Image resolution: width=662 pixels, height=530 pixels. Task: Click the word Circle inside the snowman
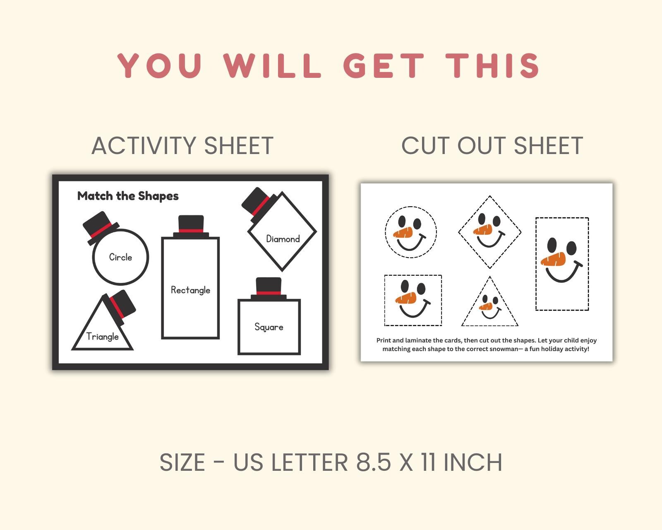point(120,257)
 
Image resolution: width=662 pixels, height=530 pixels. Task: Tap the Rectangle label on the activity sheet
point(190,290)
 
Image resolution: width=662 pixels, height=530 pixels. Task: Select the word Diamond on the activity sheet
point(283,239)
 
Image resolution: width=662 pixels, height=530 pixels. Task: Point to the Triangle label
point(102,336)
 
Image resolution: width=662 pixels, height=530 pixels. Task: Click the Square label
point(269,327)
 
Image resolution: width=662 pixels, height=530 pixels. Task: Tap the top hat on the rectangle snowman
point(191,226)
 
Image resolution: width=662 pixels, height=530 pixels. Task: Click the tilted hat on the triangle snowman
point(121,306)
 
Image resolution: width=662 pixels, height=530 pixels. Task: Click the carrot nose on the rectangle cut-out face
point(553,260)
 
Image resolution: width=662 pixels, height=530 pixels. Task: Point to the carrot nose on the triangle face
point(486,307)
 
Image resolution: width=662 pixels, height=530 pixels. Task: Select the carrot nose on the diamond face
point(483,230)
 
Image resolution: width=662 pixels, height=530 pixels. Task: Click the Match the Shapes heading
point(128,196)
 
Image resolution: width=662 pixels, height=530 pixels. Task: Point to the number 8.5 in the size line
point(373,463)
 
